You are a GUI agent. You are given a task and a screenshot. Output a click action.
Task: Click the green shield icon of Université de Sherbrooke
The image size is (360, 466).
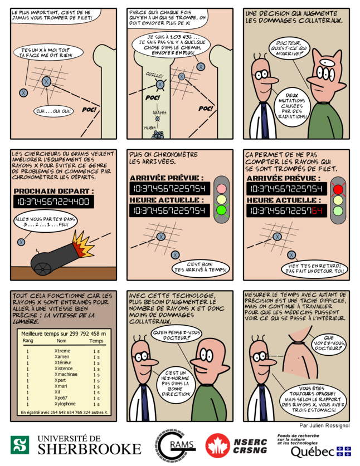20,445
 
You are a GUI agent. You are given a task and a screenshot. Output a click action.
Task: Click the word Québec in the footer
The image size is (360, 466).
312,451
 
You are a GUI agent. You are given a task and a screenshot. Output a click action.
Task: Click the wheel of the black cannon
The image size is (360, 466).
43,268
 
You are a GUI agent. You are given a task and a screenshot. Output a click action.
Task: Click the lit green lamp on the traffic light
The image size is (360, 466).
222,210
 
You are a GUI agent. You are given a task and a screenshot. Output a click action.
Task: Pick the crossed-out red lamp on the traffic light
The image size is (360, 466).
338,189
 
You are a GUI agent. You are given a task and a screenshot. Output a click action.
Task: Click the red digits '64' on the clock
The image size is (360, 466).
317,210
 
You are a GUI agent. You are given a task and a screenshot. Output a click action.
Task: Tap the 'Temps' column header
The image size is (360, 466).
96,340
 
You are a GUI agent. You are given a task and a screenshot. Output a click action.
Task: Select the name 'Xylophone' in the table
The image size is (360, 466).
65,404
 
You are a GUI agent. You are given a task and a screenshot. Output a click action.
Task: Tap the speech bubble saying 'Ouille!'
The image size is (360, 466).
154,74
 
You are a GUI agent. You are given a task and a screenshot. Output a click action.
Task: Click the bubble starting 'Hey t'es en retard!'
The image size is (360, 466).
316,268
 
